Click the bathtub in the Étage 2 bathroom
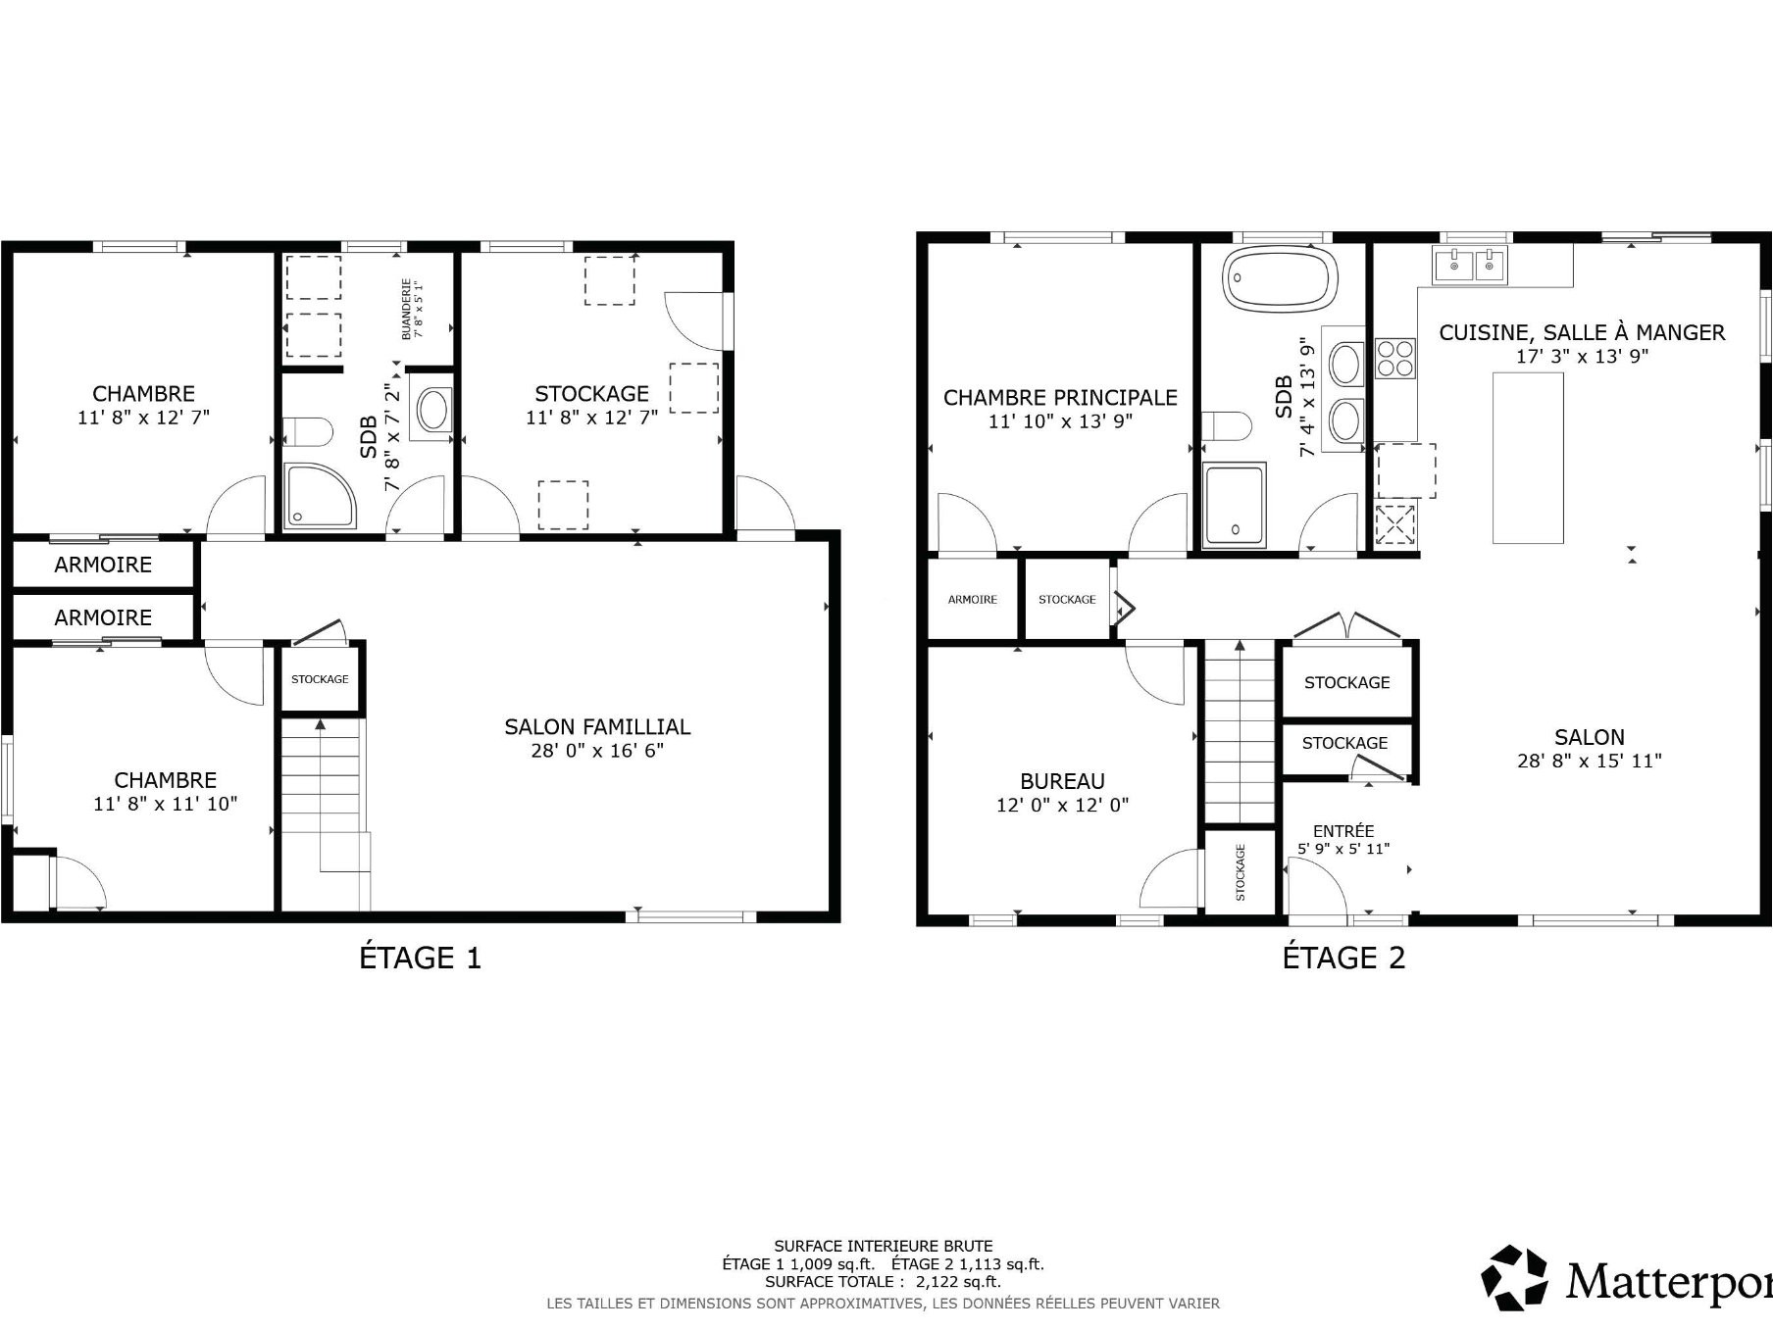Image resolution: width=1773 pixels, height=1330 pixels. (1281, 278)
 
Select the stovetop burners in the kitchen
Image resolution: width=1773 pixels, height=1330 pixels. (1395, 358)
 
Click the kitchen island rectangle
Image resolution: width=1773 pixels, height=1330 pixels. (1528, 458)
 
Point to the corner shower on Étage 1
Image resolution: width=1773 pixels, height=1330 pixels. (321, 496)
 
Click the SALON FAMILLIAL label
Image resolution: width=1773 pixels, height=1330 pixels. (597, 726)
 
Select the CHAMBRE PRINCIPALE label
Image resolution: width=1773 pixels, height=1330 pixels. (1060, 397)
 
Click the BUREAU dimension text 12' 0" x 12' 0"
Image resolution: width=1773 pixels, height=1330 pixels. (1062, 805)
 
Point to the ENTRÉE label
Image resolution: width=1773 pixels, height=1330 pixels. (1343, 830)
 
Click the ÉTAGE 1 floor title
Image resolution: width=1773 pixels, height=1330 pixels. (421, 957)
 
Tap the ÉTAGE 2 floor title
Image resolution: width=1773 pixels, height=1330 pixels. (1343, 957)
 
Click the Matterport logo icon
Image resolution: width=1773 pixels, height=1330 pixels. (1514, 1277)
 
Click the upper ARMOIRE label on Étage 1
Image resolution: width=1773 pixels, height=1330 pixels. (103, 565)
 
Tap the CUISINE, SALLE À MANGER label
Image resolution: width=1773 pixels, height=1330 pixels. (1582, 332)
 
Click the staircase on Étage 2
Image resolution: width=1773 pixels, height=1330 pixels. (1240, 731)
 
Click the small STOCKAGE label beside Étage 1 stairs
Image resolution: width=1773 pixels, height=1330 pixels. (320, 679)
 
